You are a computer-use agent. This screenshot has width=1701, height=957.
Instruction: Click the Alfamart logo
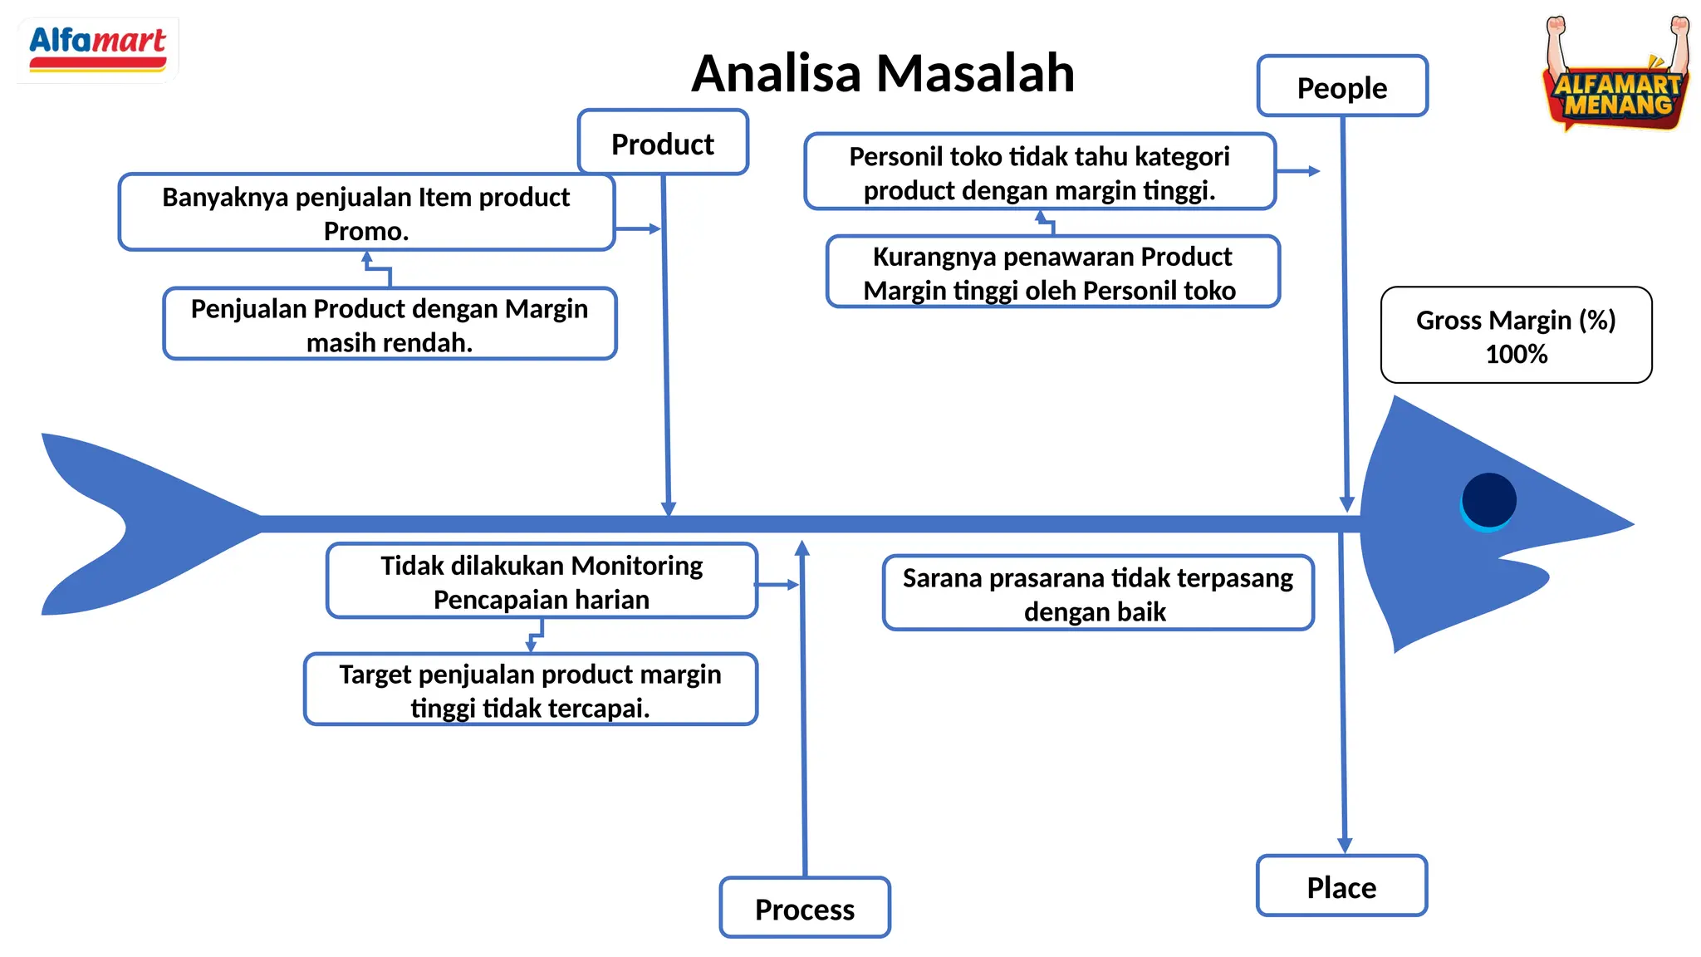(97, 49)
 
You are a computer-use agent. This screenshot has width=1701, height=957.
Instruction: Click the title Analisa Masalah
(883, 73)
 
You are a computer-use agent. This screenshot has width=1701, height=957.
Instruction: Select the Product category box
(663, 144)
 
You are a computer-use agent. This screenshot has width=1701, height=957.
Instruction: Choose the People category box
(1342, 87)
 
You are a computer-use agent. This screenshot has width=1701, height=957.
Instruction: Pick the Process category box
(805, 909)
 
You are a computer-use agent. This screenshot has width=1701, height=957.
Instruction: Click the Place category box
(1341, 887)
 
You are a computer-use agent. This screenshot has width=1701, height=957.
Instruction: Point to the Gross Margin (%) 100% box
(1516, 336)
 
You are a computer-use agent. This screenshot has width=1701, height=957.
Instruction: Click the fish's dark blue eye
(1488, 500)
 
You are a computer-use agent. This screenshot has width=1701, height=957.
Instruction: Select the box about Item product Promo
(366, 213)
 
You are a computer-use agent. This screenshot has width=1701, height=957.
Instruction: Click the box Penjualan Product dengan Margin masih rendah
(390, 325)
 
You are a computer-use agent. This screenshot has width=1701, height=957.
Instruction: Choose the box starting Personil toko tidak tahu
(1039, 173)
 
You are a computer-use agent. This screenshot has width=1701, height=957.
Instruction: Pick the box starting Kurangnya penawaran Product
(1052, 272)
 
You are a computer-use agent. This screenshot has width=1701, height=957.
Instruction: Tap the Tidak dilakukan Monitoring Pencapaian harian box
(542, 582)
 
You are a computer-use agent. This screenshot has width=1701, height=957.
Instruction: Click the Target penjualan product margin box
(530, 690)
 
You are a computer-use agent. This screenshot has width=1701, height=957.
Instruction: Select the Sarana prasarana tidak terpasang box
(1097, 593)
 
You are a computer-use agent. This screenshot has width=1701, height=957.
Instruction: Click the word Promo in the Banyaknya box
(366, 231)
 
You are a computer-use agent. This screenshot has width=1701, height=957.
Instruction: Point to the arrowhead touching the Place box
(1345, 845)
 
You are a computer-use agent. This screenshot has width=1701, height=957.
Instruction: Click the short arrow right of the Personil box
(1299, 171)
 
